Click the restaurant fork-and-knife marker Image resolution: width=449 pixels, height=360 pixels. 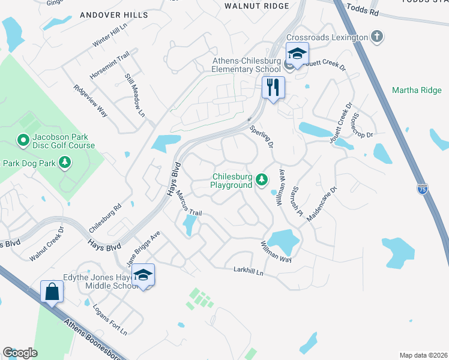[x=273, y=87]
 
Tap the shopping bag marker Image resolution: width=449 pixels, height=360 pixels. [x=52, y=292]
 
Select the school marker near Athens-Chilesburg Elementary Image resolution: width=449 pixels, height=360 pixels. [x=297, y=53]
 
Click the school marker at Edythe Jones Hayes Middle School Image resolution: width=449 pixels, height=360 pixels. [x=143, y=275]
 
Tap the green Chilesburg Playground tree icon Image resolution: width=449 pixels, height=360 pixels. [x=262, y=179]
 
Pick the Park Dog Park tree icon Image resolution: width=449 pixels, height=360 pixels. [x=65, y=163]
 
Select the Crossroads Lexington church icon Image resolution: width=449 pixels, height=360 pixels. [x=376, y=37]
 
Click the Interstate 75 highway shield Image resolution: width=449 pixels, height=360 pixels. [x=422, y=188]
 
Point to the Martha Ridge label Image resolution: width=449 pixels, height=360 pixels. [x=417, y=91]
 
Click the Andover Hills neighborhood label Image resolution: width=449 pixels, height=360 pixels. [x=113, y=14]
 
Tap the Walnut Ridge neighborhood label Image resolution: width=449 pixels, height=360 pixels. [x=256, y=6]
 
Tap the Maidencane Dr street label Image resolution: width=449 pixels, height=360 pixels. [x=322, y=204]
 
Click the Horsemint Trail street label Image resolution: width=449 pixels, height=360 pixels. [x=109, y=65]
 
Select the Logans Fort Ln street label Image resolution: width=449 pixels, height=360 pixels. [x=110, y=319]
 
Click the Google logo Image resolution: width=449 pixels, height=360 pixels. [x=20, y=353]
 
